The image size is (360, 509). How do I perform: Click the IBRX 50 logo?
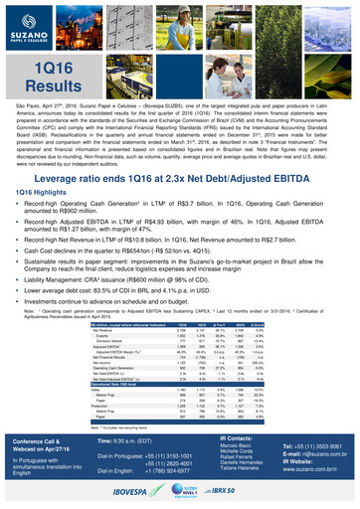coord(249,490)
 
